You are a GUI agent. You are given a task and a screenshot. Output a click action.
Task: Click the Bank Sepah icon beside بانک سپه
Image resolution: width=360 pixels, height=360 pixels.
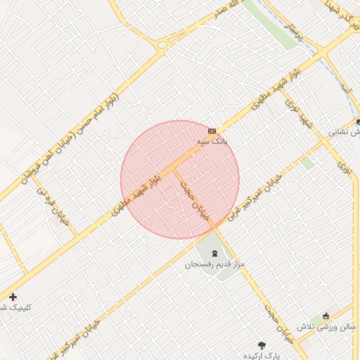212,131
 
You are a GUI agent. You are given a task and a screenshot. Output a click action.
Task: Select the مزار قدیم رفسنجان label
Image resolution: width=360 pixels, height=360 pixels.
214,265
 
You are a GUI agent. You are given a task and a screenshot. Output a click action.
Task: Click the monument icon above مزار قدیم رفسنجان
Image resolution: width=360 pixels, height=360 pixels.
214,254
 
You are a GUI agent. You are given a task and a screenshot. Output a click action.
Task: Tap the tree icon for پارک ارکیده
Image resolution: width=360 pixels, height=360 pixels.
262,345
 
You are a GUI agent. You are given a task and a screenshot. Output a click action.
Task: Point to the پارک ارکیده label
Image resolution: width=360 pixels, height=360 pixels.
262,355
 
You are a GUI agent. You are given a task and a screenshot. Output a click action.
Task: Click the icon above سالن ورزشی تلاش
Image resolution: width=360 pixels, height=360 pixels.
326,316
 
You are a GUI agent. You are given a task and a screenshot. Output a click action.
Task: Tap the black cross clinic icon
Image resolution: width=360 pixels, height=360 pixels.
13,297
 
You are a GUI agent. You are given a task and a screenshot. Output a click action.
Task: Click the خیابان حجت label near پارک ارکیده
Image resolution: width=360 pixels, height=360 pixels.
278,320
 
